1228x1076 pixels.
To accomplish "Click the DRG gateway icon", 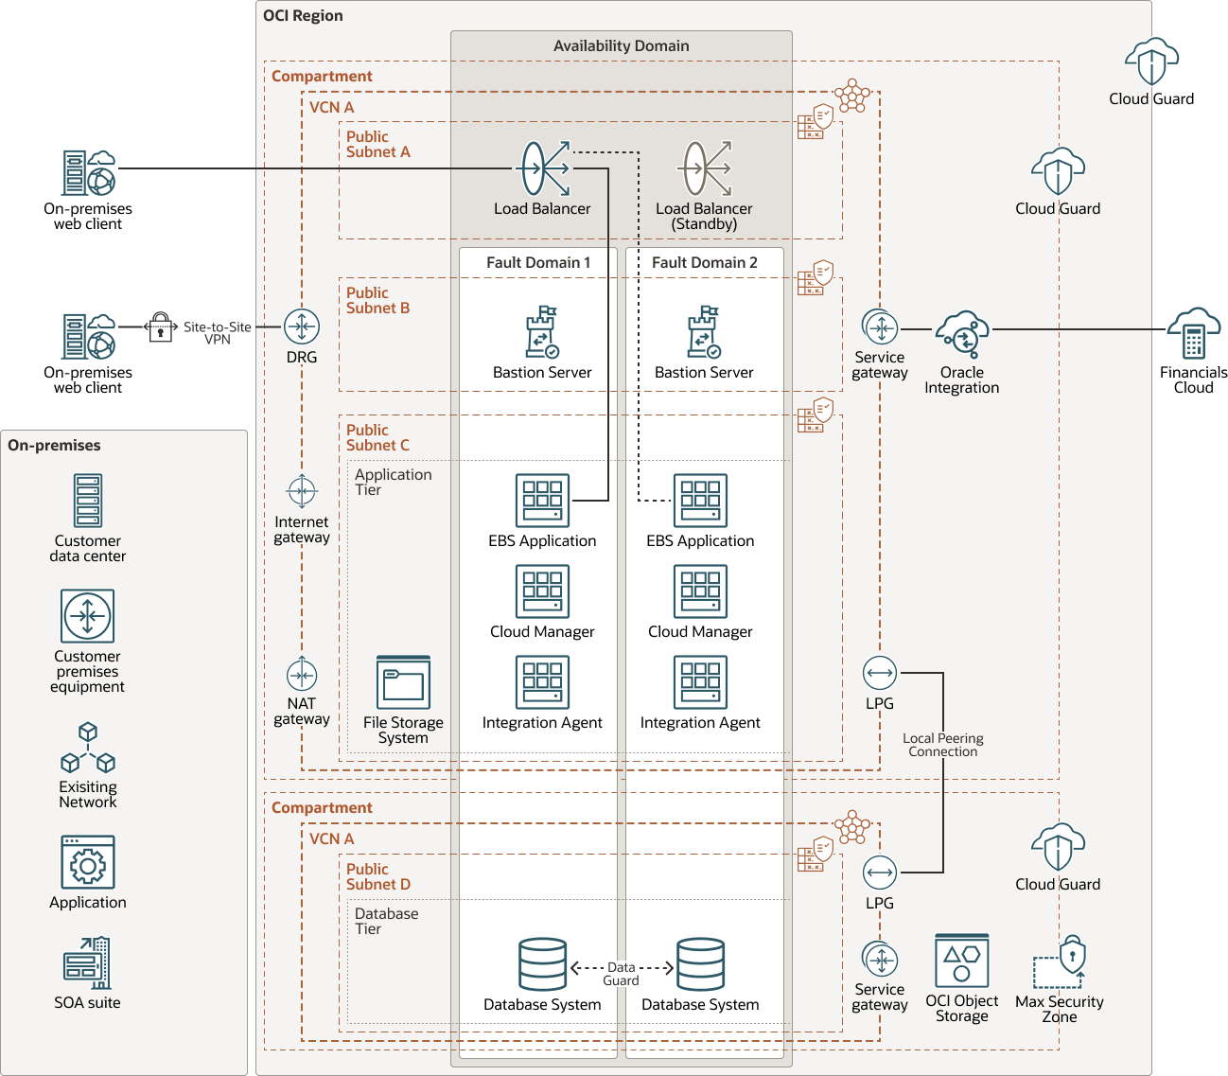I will (302, 327).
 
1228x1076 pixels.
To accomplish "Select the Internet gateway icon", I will (302, 492).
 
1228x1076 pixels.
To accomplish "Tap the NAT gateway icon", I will (302, 675).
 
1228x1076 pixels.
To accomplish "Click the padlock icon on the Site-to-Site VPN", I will (161, 327).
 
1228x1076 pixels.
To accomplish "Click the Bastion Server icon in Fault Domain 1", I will (542, 332).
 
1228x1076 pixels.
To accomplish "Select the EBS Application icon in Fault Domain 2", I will (700, 501).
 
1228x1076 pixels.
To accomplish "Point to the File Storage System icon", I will (403, 682).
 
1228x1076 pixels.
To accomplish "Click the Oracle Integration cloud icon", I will (962, 334).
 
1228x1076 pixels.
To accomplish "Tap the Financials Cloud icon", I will (1193, 333).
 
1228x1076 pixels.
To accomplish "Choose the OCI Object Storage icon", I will (961, 961).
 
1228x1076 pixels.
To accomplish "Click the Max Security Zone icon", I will (1060, 962).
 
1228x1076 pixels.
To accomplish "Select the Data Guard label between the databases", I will (621, 974).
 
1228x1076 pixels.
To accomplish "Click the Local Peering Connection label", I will (942, 745).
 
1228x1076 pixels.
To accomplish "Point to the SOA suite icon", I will (87, 962).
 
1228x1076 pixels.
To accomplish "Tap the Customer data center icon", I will (88, 501).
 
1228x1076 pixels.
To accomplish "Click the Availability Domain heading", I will (621, 45).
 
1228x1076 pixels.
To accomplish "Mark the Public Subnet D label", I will (377, 876).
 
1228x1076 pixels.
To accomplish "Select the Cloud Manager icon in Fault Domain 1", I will (542, 591).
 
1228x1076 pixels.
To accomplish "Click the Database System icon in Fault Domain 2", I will (700, 964).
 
